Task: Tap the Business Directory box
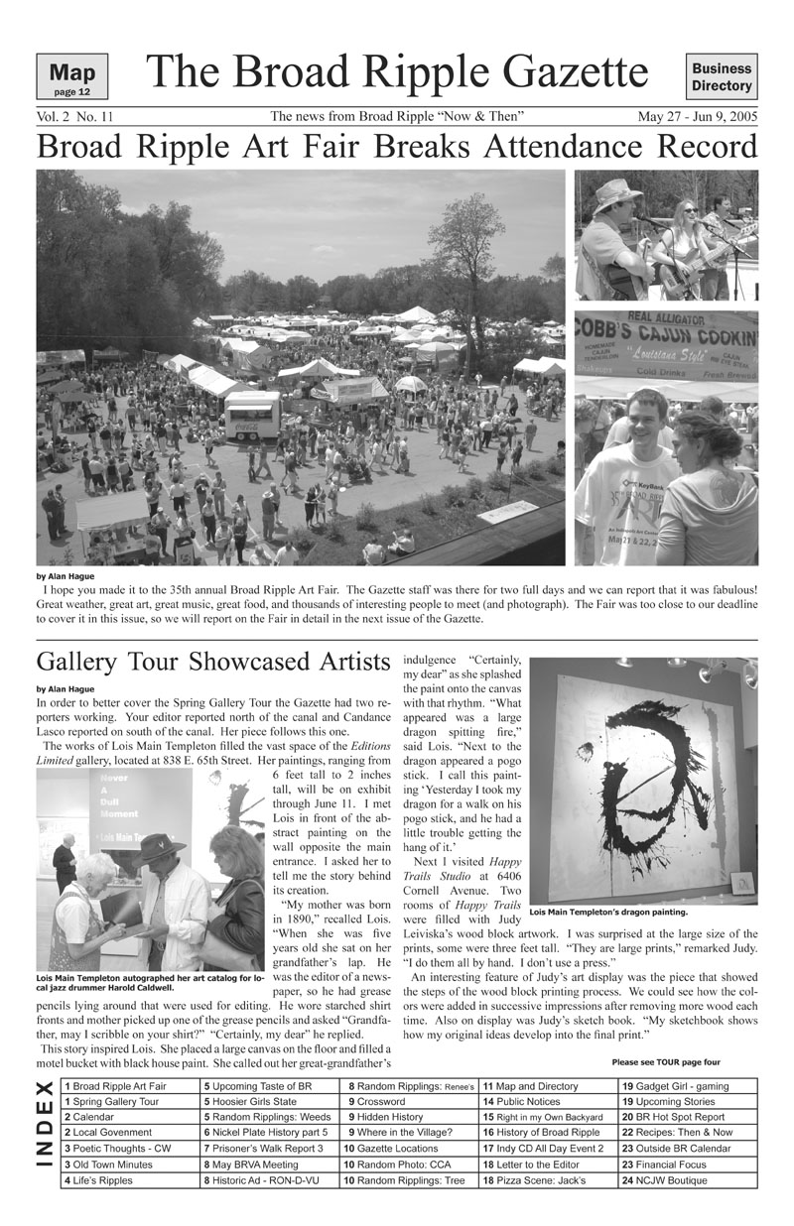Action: pyautogui.click(x=722, y=77)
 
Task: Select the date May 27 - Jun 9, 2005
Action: pyautogui.click(x=698, y=117)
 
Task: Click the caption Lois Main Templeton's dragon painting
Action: pyautogui.click(x=608, y=911)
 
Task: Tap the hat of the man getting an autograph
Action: pyautogui.click(x=161, y=847)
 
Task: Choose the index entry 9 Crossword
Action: pyautogui.click(x=377, y=1101)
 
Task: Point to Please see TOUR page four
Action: pyautogui.click(x=666, y=1061)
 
